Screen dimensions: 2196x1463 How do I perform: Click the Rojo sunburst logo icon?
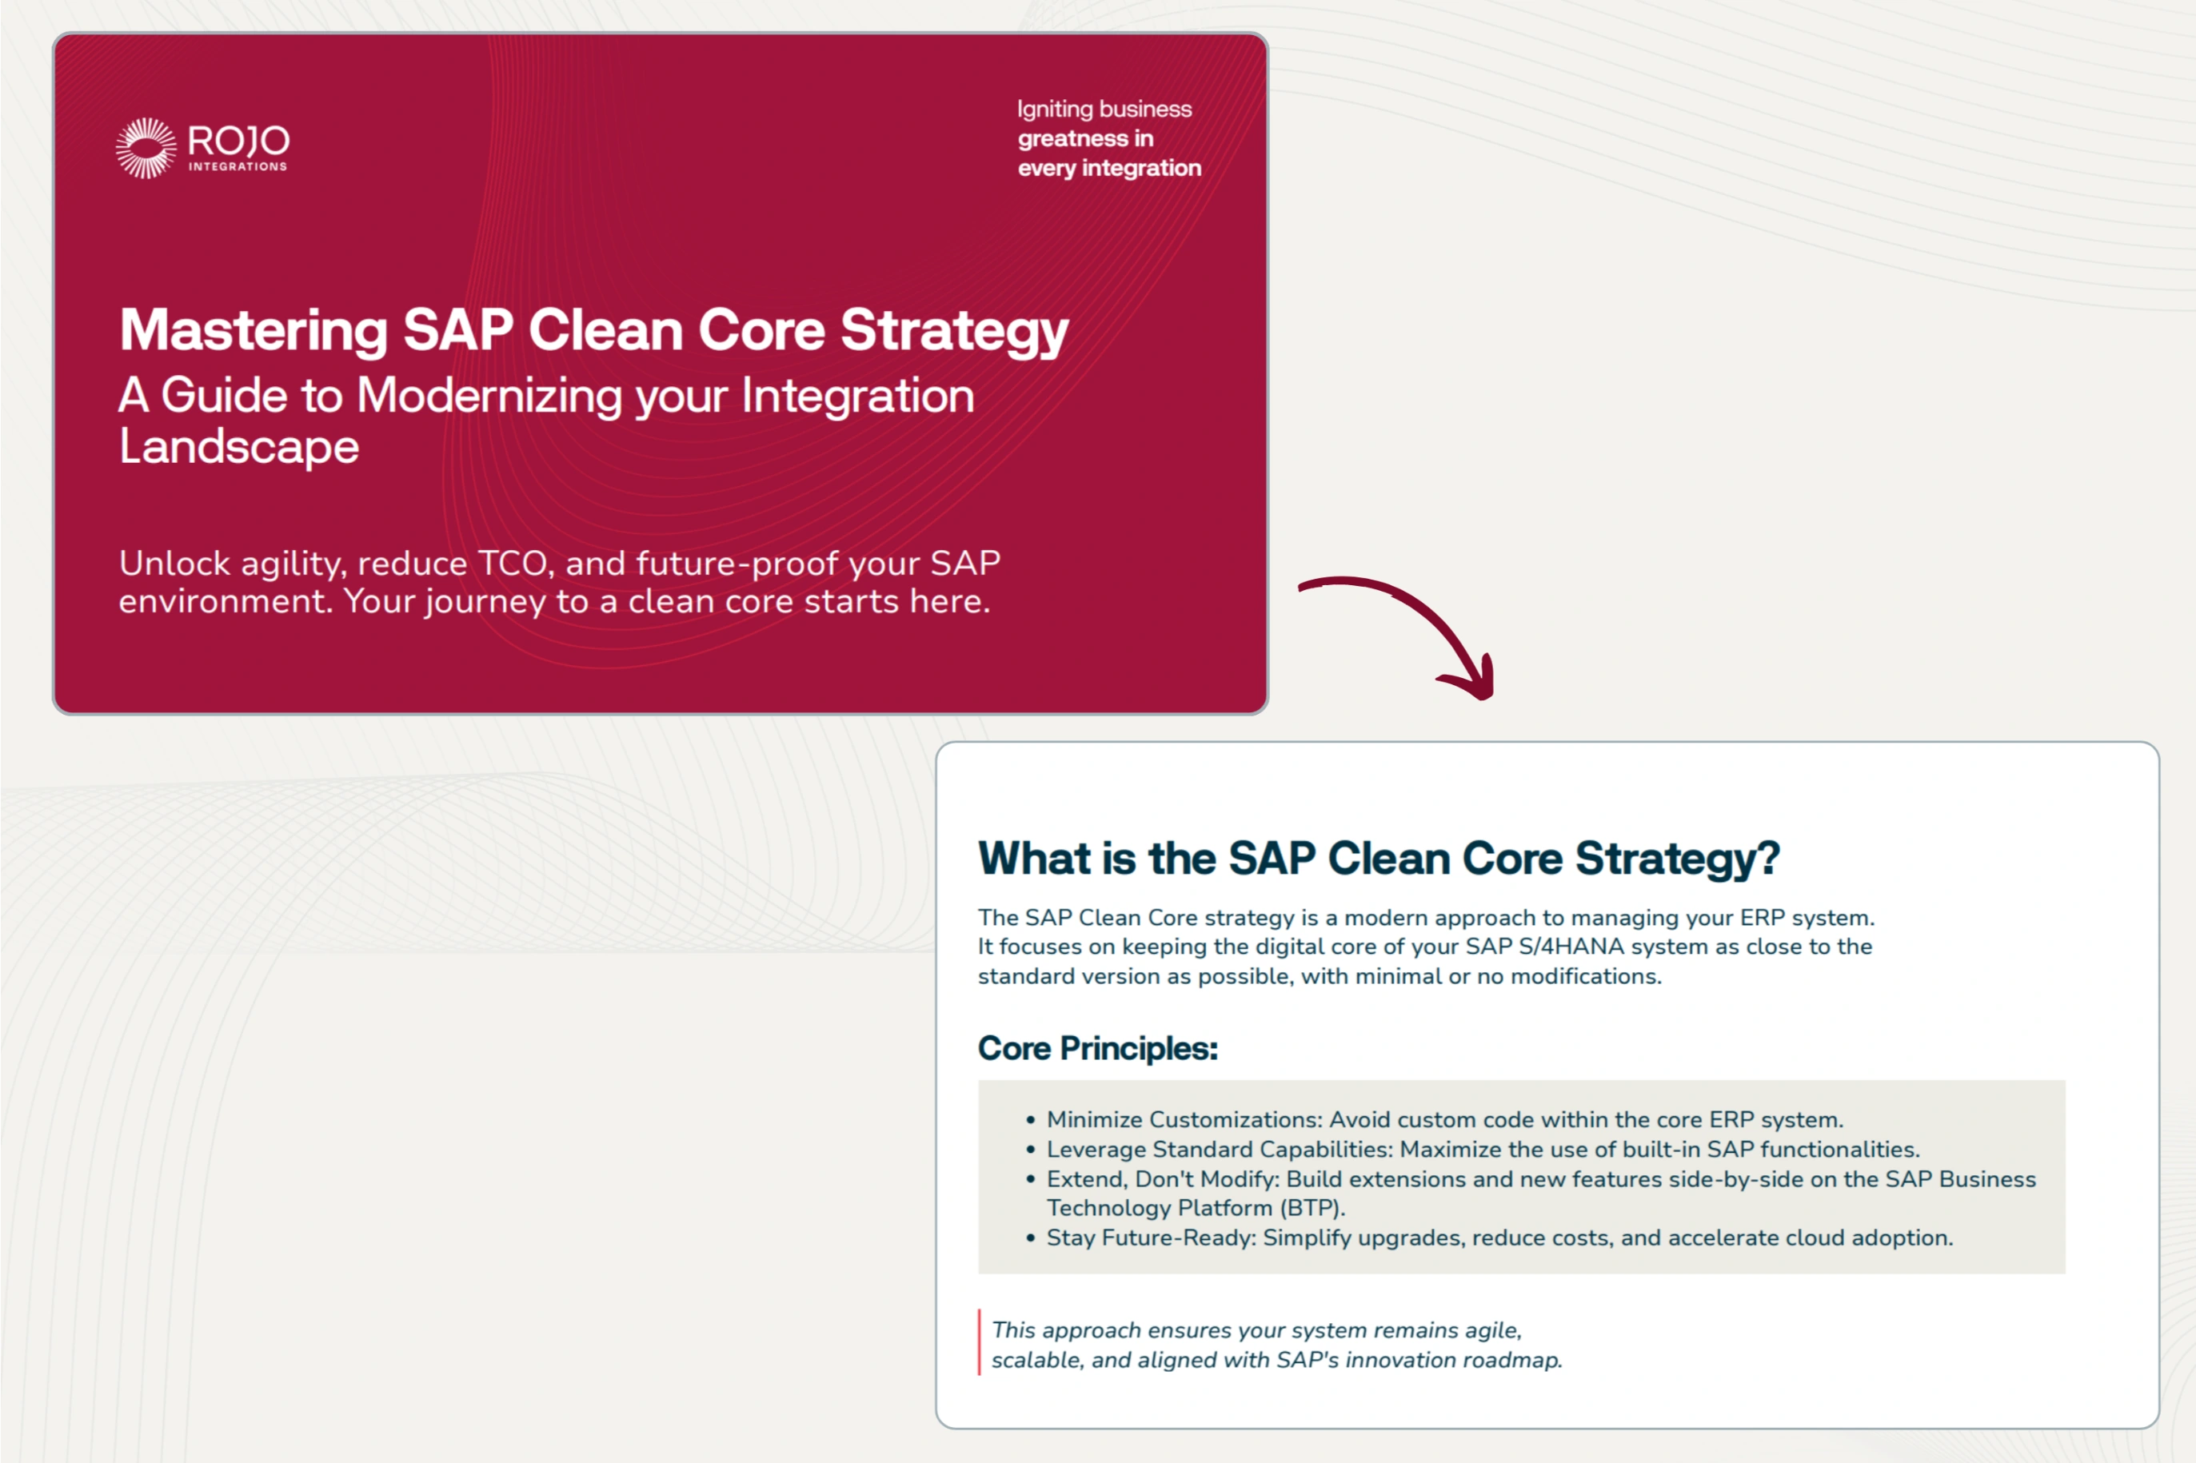pos(146,147)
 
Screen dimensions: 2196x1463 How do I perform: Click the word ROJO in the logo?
pos(239,141)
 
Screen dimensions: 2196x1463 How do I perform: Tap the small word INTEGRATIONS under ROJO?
pos(238,167)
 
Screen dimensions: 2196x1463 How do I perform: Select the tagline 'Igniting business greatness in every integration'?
pos(1108,138)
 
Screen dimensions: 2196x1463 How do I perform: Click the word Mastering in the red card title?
pos(253,330)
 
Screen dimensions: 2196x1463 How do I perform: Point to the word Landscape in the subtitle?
pos(239,446)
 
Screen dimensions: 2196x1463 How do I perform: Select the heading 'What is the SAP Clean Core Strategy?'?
pos(1379,859)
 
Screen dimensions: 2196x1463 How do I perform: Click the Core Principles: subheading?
pos(1097,1049)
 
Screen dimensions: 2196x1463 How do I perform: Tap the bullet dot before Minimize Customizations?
pos(1032,1120)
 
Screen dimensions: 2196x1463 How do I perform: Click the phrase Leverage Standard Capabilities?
pos(1219,1150)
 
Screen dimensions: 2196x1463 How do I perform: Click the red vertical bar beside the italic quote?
pos(979,1341)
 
